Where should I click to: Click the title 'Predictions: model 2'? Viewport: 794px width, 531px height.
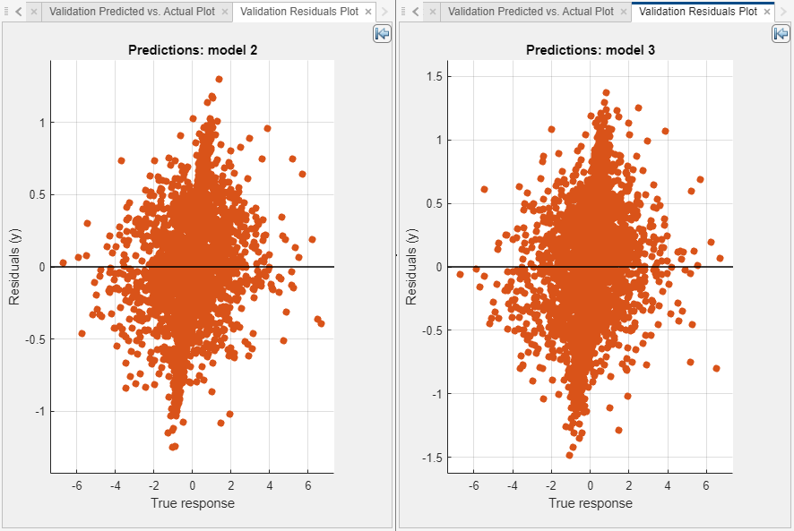[193, 50]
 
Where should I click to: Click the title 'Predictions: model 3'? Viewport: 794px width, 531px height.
[590, 50]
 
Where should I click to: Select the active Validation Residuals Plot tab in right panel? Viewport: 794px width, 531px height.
[697, 12]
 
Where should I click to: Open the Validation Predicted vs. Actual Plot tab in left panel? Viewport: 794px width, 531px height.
[131, 12]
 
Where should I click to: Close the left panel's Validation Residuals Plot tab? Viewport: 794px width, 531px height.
[368, 12]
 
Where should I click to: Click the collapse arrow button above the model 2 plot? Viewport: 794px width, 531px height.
[382, 33]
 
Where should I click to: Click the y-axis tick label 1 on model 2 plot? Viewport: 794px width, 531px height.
[40, 122]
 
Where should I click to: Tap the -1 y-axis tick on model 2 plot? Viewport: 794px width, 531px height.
[38, 411]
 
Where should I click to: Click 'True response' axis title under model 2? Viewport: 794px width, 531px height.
[193, 503]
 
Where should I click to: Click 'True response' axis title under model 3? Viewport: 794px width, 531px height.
[590, 503]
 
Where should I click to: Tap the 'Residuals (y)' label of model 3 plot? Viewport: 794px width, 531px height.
[411, 267]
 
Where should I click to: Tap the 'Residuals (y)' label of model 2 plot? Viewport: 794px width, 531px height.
[14, 267]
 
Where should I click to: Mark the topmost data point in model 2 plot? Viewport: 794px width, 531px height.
[219, 79]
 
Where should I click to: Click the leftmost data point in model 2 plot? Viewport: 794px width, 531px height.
[63, 262]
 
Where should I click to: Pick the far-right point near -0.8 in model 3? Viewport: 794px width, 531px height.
[716, 368]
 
